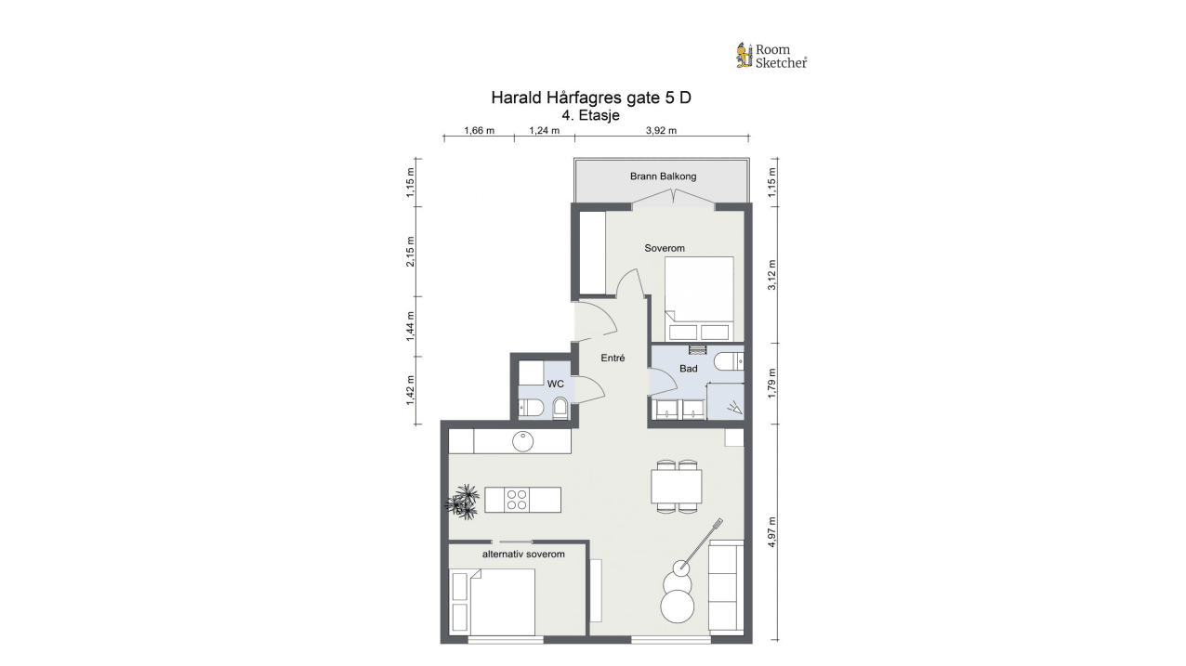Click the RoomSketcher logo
771,56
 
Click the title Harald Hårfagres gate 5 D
591,98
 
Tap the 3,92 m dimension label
661,131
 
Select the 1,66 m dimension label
480,131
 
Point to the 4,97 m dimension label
772,531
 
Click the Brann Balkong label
663,176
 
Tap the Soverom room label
665,248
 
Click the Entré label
613,359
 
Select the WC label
556,384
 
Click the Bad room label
689,369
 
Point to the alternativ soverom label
523,555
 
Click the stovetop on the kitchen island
517,500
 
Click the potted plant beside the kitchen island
462,502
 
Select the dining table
677,486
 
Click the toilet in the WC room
560,408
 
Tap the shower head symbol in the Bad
734,408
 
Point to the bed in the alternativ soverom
492,602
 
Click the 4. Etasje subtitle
591,115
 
